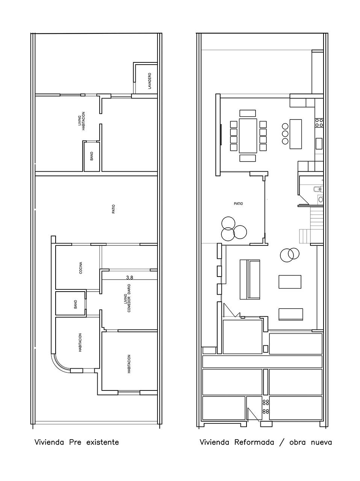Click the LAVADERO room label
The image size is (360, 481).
[150, 81]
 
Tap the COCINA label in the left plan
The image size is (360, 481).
[81, 268]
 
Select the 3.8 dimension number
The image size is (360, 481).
[130, 278]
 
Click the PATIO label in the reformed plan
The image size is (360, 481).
[238, 204]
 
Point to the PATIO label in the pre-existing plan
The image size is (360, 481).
[113, 209]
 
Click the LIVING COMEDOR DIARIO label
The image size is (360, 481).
[127, 298]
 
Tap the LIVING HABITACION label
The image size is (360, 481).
[82, 121]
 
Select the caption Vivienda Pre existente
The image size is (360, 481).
[77, 442]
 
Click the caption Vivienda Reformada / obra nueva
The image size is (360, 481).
[266, 442]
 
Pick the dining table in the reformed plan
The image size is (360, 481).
[248, 136]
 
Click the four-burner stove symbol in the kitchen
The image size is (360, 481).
[319, 123]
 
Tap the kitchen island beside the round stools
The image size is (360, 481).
[296, 134]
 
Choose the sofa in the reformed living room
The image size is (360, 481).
[250, 280]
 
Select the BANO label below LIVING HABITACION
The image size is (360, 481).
[92, 156]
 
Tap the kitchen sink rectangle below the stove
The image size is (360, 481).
[319, 144]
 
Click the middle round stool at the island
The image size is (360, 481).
[285, 133]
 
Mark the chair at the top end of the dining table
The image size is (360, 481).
[248, 113]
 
